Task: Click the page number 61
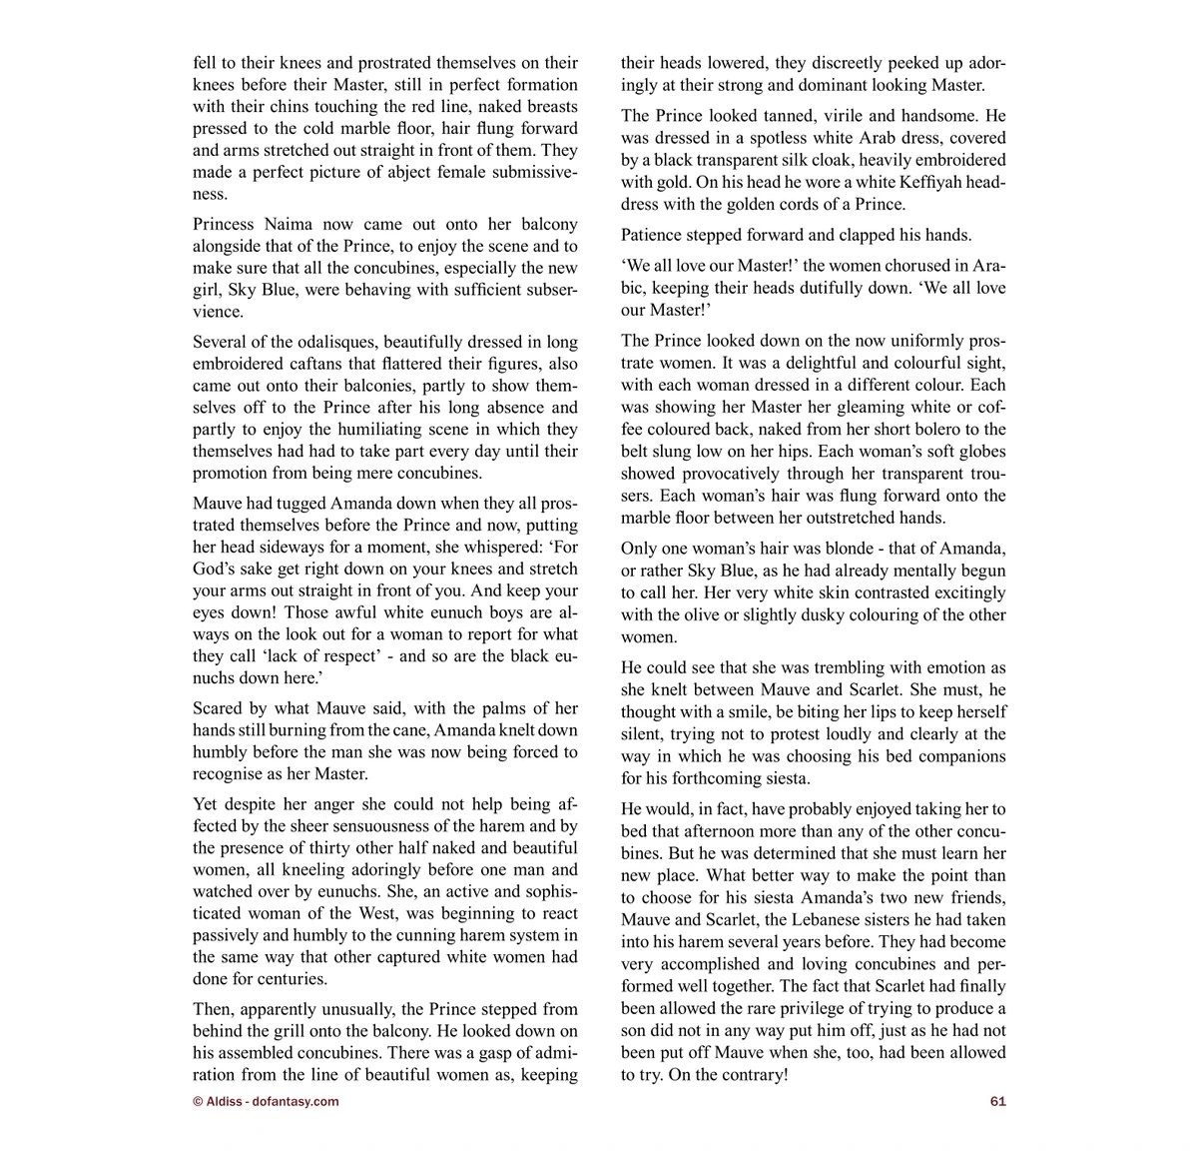997,1101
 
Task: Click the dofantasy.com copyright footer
266,1101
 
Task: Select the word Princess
228,224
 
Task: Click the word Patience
653,235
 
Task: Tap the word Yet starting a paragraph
206,803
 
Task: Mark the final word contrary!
750,1074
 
